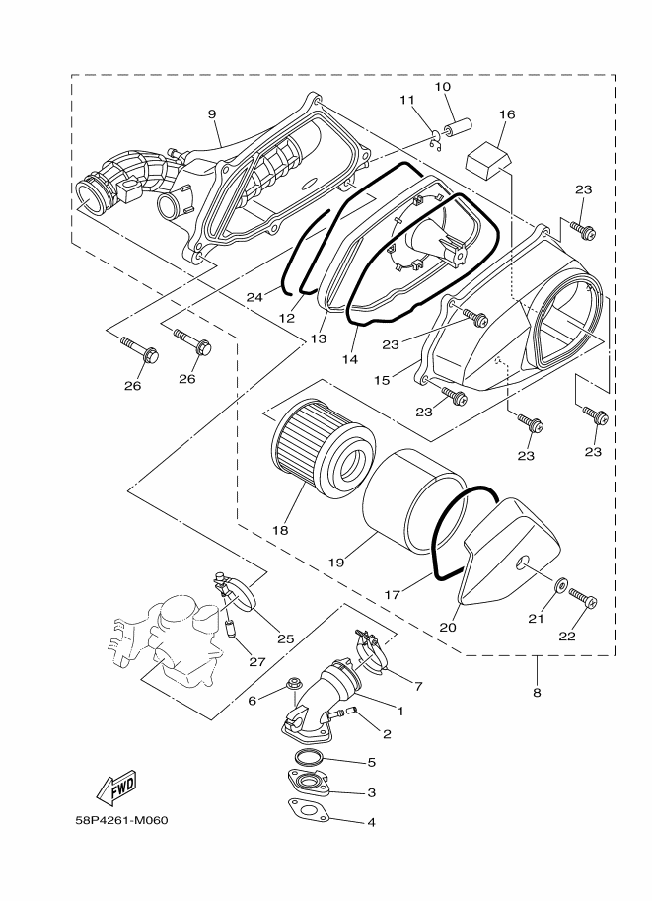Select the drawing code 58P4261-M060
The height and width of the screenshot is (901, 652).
point(120,821)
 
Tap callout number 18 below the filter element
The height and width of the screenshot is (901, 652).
point(281,530)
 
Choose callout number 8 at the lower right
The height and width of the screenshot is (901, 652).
point(537,693)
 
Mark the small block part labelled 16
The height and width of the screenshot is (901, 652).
point(488,157)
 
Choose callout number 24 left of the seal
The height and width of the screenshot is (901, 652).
point(254,295)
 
